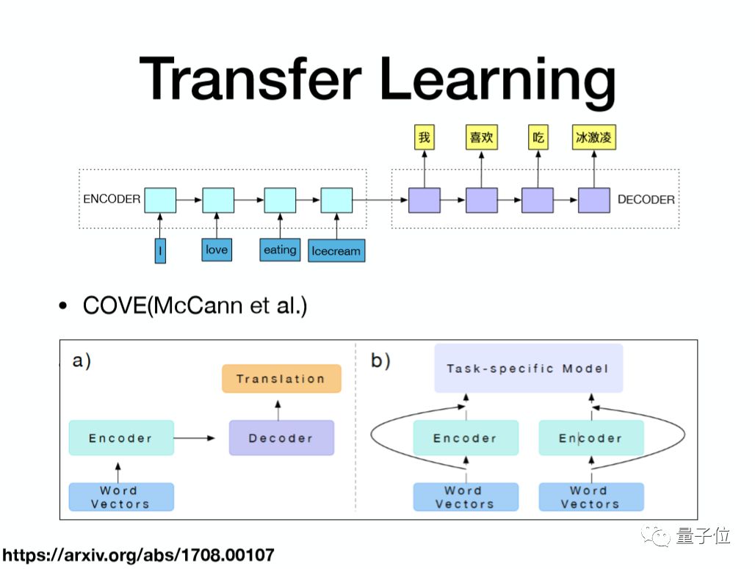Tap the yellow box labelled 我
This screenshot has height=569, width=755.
tap(425, 137)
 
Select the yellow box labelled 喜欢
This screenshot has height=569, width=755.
tap(481, 137)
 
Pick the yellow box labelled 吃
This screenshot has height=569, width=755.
tap(538, 137)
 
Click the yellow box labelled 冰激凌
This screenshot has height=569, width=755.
tap(593, 137)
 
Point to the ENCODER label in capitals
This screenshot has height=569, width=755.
tap(112, 199)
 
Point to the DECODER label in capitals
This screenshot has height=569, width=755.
tap(646, 200)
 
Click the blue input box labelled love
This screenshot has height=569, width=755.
tap(217, 250)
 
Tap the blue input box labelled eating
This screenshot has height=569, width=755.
tap(280, 250)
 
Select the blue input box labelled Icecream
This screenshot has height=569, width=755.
tap(336, 251)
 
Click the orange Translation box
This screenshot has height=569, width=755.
tap(281, 379)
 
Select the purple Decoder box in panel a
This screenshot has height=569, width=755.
tap(281, 438)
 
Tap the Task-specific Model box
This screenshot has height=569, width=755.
tap(528, 368)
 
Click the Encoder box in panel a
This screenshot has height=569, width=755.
tap(120, 438)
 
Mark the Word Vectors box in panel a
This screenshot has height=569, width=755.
tap(120, 497)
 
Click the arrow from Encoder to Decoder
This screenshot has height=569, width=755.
tap(195, 438)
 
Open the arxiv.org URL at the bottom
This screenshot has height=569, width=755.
tap(137, 555)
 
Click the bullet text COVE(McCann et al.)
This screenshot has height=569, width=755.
tap(195, 305)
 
